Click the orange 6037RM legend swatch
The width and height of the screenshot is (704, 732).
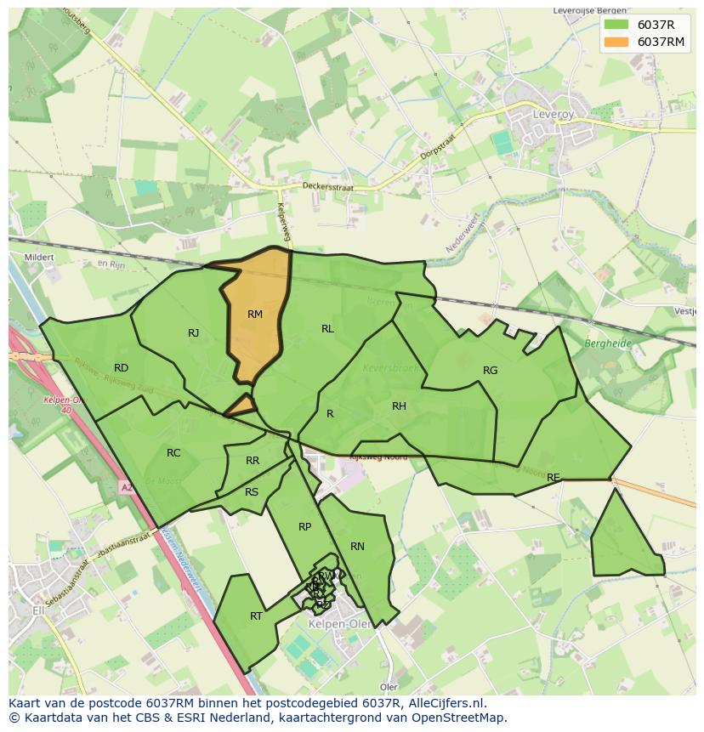pos(616,42)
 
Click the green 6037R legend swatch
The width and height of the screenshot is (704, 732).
pos(616,25)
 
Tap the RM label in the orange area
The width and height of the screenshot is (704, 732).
pos(255,315)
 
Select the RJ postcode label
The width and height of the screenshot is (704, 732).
pos(194,333)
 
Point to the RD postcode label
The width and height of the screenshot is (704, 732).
pos(121,368)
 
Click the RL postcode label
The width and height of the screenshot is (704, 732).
pos(327,329)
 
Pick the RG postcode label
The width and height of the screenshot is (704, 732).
pos(490,371)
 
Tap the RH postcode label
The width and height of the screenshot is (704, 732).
pos(399,406)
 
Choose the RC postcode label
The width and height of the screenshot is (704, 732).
pos(173,453)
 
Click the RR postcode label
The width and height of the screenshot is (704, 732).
pos(253,461)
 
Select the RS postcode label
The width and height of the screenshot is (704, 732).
pos(252,492)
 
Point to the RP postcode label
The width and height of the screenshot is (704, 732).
pos(304,527)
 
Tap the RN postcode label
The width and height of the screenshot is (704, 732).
pos(357,547)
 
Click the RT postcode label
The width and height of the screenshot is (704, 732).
pos(256,616)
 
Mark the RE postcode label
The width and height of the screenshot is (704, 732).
pos(554,478)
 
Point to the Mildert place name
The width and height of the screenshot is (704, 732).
pos(40,257)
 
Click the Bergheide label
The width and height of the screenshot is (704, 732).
pos(609,343)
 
